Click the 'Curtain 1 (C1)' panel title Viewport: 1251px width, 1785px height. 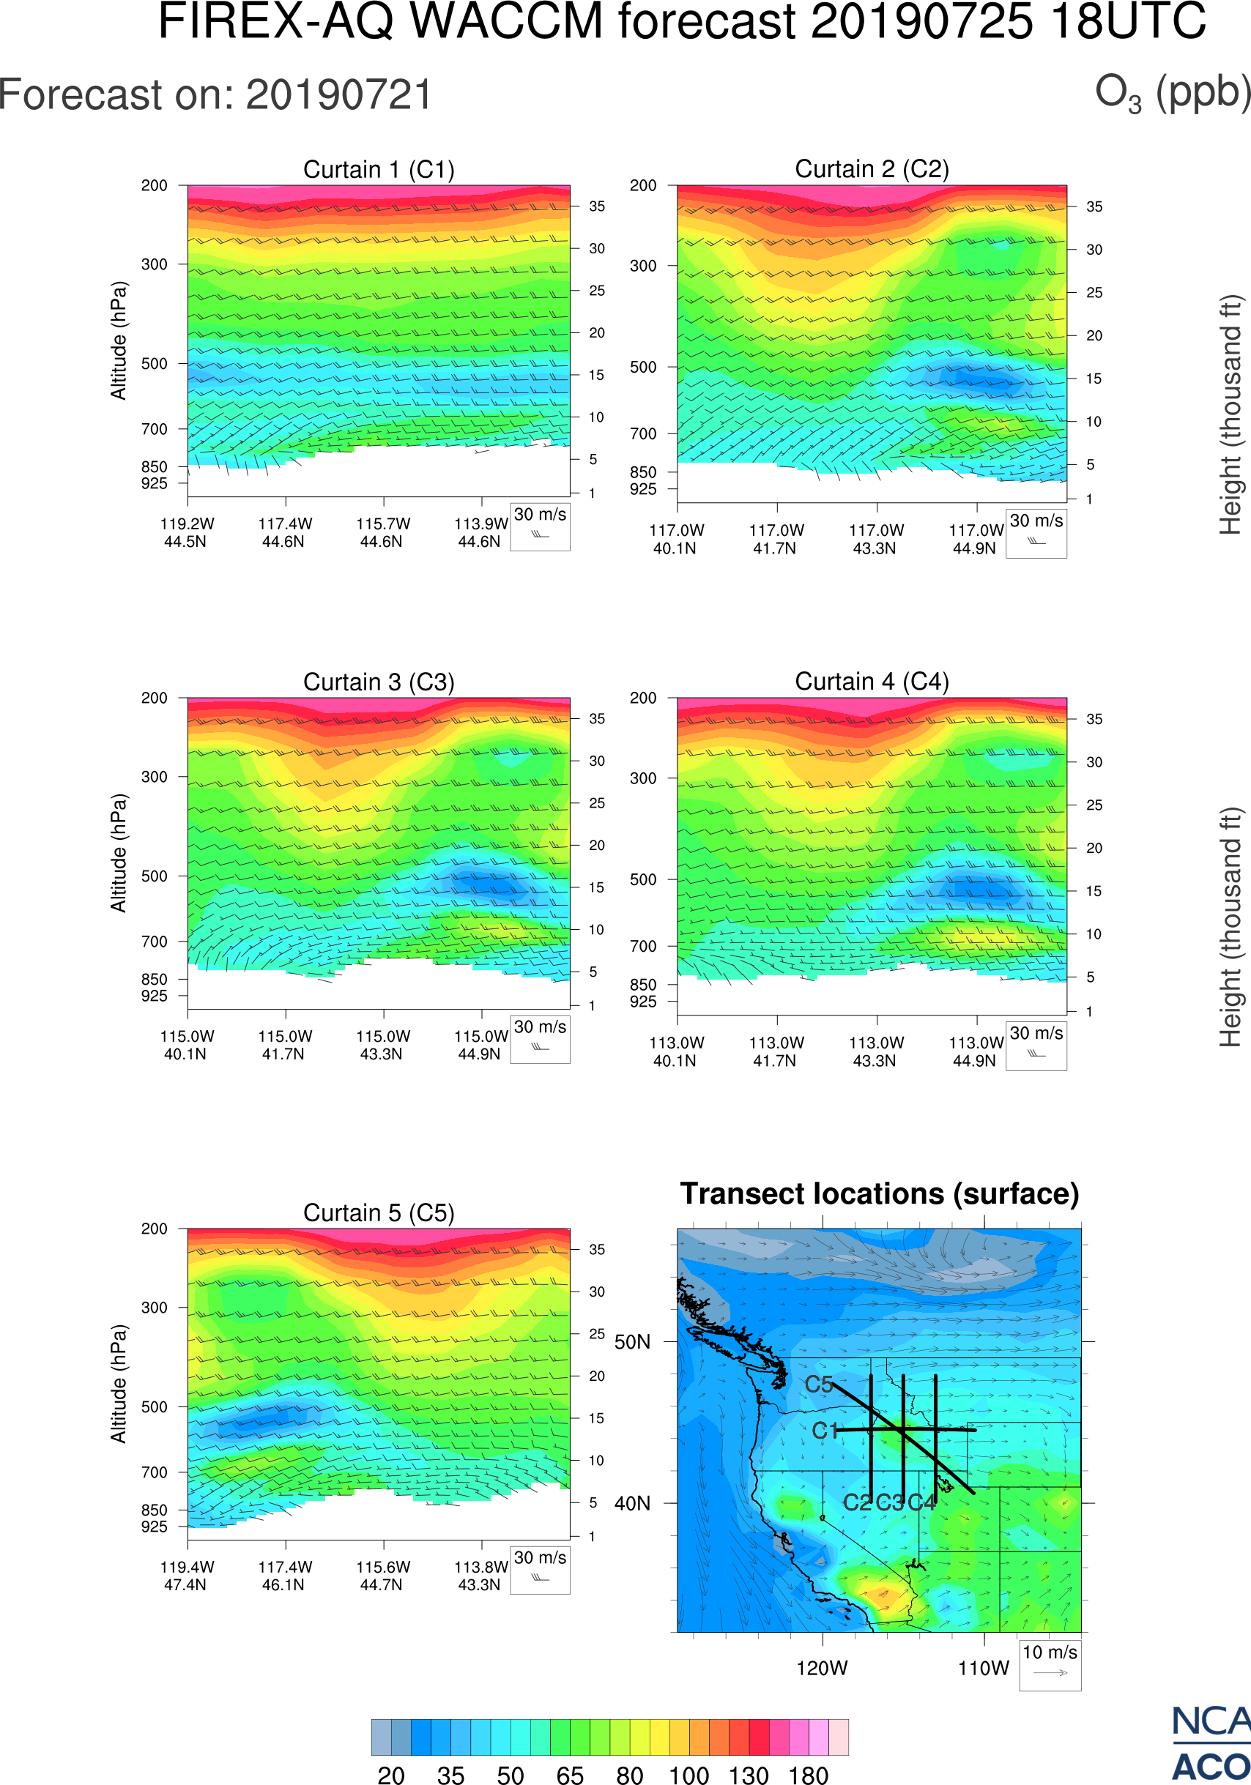tap(379, 169)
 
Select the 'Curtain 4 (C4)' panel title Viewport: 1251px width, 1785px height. tap(872, 682)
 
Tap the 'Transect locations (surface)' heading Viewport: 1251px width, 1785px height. tap(880, 1194)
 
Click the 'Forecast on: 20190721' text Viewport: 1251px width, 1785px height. tap(215, 96)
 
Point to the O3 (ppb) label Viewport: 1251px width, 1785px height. tap(1173, 92)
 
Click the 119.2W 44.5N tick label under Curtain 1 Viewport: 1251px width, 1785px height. tap(187, 532)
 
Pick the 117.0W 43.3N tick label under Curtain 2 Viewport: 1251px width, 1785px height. tap(875, 539)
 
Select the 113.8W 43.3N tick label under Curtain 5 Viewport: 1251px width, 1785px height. tap(480, 1575)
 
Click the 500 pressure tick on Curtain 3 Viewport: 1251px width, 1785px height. tap(154, 876)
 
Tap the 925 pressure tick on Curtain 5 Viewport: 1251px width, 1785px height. tap(154, 1526)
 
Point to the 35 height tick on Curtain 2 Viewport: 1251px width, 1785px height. tap(1094, 206)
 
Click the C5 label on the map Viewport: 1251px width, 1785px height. tap(819, 1385)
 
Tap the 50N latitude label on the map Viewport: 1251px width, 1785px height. tap(632, 1343)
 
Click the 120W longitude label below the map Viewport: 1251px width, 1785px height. tap(822, 1669)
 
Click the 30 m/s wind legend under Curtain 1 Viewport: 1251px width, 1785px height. tap(540, 526)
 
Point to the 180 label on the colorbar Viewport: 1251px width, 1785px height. tap(808, 1775)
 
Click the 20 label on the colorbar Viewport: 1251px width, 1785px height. tap(391, 1775)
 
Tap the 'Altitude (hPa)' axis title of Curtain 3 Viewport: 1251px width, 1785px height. tap(118, 853)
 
